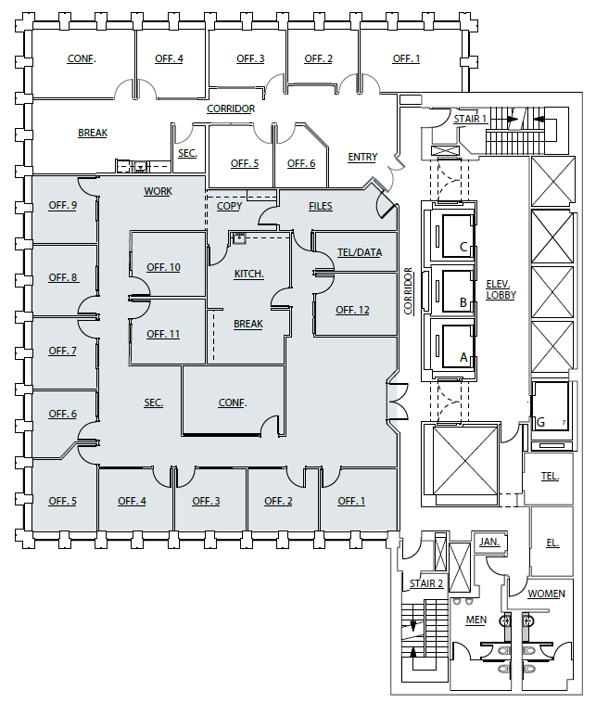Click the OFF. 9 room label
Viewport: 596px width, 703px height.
[62, 205]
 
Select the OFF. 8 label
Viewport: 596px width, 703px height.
[63, 277]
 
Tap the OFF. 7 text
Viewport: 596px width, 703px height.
[62, 351]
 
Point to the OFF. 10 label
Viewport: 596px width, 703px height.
[163, 267]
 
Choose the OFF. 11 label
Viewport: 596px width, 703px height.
[163, 334]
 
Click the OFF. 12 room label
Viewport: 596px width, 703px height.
[352, 310]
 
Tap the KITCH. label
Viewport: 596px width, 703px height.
[248, 274]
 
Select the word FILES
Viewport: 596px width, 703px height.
[321, 206]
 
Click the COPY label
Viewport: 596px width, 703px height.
[229, 206]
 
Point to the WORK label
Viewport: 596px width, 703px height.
[158, 191]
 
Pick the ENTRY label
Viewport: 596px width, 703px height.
[362, 157]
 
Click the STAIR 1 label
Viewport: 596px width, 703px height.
[470, 119]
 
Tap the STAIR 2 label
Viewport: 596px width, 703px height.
[426, 584]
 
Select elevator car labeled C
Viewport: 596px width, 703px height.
[463, 248]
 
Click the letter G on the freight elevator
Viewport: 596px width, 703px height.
[540, 422]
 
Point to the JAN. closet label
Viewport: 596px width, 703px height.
[488, 541]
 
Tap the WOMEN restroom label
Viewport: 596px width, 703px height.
[546, 594]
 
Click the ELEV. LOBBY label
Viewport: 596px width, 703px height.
[501, 288]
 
